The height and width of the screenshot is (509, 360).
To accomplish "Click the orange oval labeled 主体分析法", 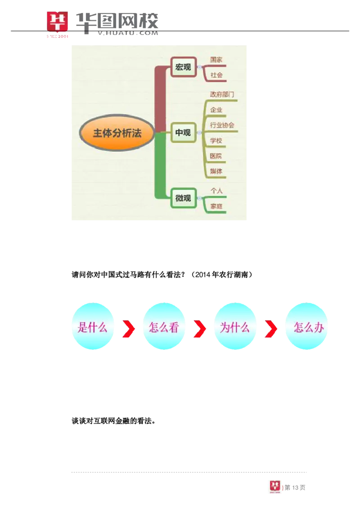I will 117,133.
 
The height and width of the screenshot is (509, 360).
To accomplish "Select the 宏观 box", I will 184,67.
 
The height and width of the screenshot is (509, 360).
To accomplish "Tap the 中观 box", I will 183,133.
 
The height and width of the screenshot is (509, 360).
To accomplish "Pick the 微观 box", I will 183,198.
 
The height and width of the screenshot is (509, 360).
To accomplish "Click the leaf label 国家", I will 216,60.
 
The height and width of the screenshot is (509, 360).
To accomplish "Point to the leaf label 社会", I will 216,75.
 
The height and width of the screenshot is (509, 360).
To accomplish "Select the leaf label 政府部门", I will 222,94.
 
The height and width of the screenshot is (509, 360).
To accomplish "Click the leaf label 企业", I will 216,110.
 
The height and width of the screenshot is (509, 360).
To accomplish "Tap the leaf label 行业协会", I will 222,125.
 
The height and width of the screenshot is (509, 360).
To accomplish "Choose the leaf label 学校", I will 216,141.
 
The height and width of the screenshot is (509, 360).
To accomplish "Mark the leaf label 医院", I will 216,156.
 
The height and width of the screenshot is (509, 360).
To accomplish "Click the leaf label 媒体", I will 216,171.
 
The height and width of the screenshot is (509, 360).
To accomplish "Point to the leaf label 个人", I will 216,191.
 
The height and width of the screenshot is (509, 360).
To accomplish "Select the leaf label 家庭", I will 216,206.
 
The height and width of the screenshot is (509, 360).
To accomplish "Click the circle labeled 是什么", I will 92,327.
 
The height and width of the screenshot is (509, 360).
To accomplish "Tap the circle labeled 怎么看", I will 164,327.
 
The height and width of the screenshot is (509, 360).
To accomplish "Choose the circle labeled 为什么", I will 234,327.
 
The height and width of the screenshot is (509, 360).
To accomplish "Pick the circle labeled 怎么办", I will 308,327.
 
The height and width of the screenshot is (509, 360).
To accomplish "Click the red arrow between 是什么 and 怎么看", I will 129,329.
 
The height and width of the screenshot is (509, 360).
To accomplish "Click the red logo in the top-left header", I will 58,25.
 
